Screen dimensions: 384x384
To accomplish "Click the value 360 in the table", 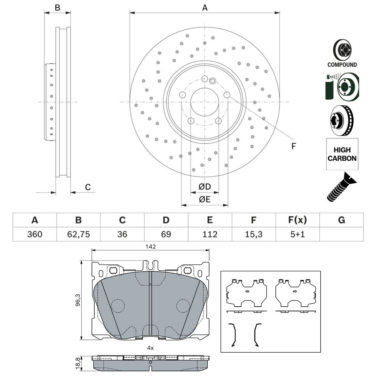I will point(35,234).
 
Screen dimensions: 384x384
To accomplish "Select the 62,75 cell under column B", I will point(78,234).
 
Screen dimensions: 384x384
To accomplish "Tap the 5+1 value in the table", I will point(297,234).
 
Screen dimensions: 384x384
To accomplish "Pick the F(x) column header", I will point(297,220).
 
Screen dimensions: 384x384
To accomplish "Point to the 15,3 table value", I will point(253,234).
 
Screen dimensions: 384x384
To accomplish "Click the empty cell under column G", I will point(341,234).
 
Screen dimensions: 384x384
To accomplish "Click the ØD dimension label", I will point(204,187).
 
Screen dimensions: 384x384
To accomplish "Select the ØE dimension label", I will point(204,199).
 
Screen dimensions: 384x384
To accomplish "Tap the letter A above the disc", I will point(205,8).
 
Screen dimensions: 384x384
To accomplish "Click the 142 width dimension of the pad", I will point(150,246).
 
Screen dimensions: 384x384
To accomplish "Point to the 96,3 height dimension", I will point(77,300).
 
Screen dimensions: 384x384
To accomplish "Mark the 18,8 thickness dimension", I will point(77,363).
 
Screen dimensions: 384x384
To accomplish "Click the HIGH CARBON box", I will point(342,154).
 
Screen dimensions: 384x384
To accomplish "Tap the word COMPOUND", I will point(342,65).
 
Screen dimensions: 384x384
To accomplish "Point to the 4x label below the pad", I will point(150,348).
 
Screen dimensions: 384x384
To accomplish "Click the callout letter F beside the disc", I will point(293,146).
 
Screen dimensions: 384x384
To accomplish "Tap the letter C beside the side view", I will point(88,187).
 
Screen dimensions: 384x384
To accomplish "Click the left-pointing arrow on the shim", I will point(246,292).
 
